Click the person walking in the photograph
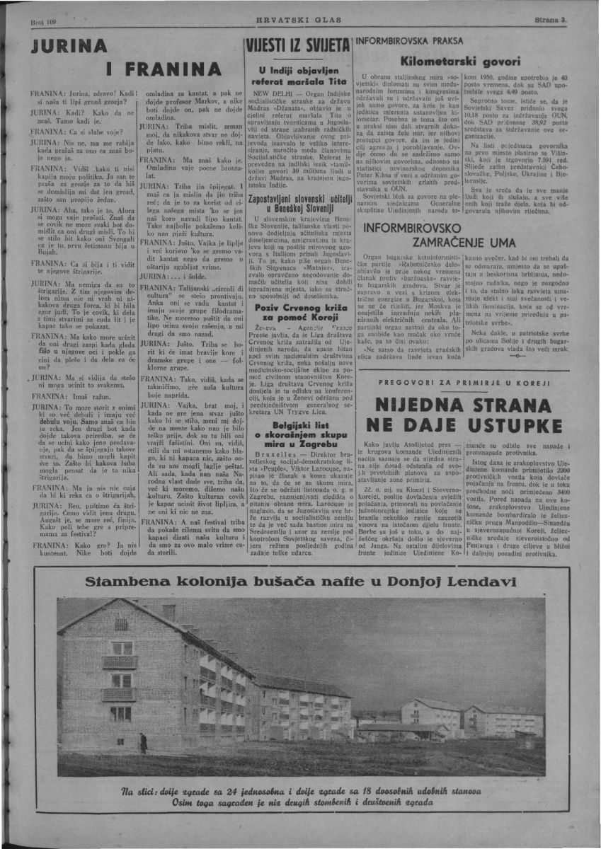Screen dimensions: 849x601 coord(144,742)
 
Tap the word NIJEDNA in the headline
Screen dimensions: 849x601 coord(424,405)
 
